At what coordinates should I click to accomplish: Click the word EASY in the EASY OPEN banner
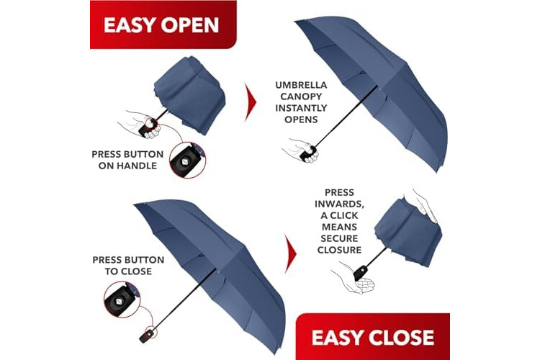click(x=130, y=24)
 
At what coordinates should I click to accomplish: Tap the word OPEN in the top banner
click(x=190, y=24)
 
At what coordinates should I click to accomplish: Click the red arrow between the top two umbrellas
click(x=251, y=102)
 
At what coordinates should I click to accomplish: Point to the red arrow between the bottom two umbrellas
click(x=291, y=254)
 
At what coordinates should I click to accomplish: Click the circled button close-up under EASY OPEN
click(x=187, y=160)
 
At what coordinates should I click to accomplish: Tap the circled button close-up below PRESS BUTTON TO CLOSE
click(x=122, y=300)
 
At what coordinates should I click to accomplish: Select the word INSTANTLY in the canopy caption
click(x=301, y=108)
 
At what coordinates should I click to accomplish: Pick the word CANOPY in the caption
click(x=301, y=96)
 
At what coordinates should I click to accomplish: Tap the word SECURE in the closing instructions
click(x=340, y=238)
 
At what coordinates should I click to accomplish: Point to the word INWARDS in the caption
click(x=340, y=204)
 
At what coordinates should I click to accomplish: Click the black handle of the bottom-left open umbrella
click(x=147, y=336)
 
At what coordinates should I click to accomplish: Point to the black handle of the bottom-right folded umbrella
click(x=360, y=273)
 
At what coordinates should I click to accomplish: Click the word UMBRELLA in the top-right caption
click(x=301, y=85)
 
